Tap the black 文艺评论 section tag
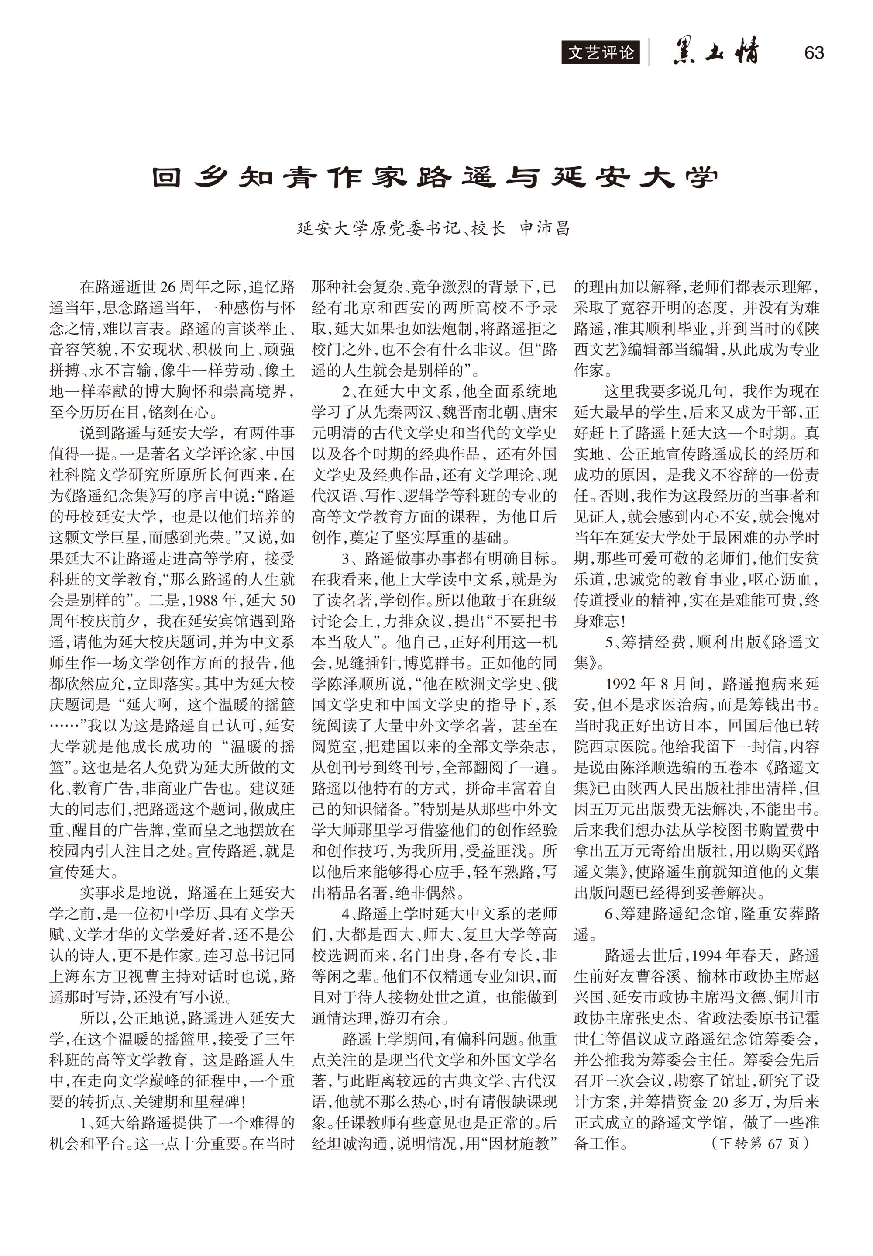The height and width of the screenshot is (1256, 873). [600, 52]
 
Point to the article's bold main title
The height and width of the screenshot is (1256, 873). [435, 177]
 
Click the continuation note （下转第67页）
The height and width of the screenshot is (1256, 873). [760, 1143]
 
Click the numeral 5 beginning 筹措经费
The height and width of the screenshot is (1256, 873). [609, 642]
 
